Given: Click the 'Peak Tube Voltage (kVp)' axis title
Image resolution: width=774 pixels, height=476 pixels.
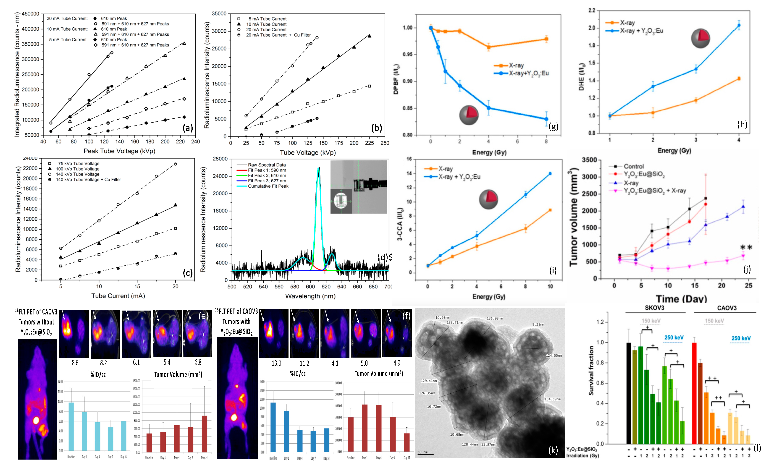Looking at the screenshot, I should tap(119, 151).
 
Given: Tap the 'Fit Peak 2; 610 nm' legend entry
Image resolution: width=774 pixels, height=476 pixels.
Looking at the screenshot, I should tap(267, 175).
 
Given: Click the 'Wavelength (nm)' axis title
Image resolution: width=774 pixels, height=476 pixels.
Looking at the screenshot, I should tap(310, 296).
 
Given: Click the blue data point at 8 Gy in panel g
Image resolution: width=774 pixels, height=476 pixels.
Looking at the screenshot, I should tap(546, 119).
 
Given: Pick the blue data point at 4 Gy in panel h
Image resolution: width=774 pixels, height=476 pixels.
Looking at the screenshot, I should tap(739, 25).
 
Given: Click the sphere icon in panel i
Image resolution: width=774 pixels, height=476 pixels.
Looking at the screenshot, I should tap(488, 199).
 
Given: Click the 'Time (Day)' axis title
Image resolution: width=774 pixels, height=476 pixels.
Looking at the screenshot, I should tap(681, 298).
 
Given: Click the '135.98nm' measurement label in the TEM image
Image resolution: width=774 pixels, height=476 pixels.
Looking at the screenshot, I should tap(494, 318).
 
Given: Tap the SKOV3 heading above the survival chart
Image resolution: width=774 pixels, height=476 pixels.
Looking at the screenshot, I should tap(654, 308).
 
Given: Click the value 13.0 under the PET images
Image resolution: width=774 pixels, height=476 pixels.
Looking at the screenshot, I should tap(276, 363).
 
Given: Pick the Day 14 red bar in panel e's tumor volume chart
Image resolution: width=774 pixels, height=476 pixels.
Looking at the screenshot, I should tap(204, 434).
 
